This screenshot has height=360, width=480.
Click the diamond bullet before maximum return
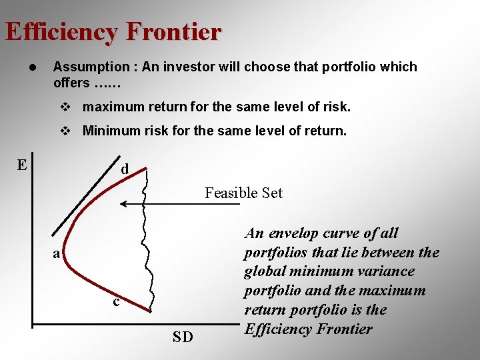(65, 107)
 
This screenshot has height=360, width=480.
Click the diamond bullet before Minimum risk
(65, 131)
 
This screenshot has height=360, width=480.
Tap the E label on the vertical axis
(22, 165)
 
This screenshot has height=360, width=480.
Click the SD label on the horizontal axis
(183, 337)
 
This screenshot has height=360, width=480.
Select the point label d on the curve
(125, 169)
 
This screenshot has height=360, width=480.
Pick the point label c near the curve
(116, 301)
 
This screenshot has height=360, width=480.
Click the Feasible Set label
(243, 193)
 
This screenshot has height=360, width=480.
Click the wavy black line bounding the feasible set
(145, 240)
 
